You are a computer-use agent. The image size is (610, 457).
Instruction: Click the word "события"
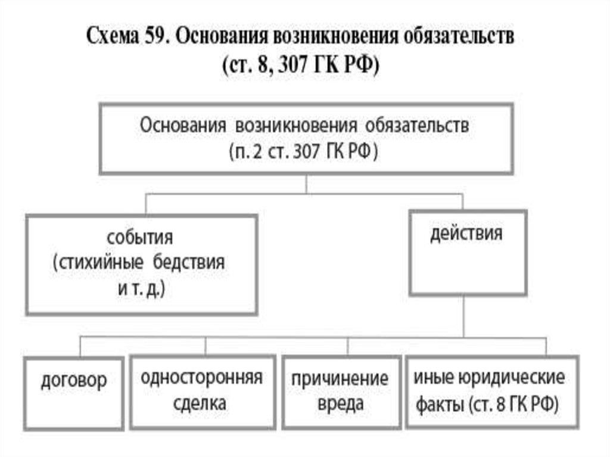click(x=140, y=238)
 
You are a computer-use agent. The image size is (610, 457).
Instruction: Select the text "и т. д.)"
click(x=140, y=289)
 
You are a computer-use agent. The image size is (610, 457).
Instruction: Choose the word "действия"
click(x=466, y=232)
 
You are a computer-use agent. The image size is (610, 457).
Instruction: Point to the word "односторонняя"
click(x=202, y=378)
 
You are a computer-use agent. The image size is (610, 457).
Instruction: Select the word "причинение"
click(x=340, y=379)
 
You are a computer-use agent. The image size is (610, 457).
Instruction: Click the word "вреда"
click(x=340, y=404)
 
